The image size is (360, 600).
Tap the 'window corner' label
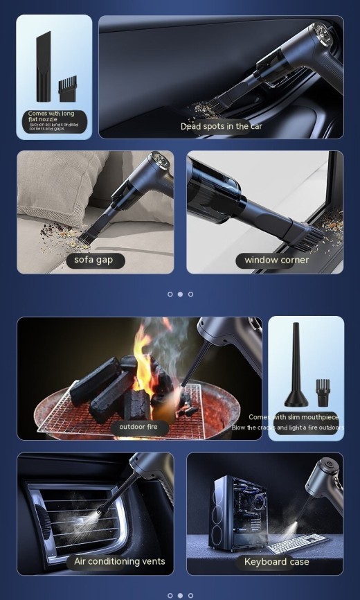pos(276,261)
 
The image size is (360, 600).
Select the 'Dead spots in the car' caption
pos(221,126)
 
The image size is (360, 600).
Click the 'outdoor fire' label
pos(138,427)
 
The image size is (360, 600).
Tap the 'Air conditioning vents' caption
pos(120,561)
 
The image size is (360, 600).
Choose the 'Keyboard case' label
pos(276,561)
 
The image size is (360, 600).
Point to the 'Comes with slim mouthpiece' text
pos(294,417)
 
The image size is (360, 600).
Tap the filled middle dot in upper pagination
pos(180,294)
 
